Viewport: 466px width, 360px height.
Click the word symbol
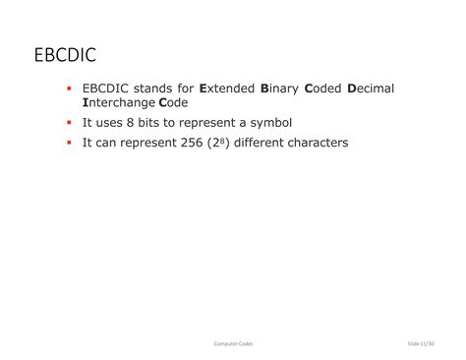pos(269,123)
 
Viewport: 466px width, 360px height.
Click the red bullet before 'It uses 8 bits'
pos(70,123)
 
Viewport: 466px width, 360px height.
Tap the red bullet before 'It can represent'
pos(70,144)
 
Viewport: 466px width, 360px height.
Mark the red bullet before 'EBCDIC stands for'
pos(70,89)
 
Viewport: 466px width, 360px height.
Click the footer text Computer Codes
pos(233,342)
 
